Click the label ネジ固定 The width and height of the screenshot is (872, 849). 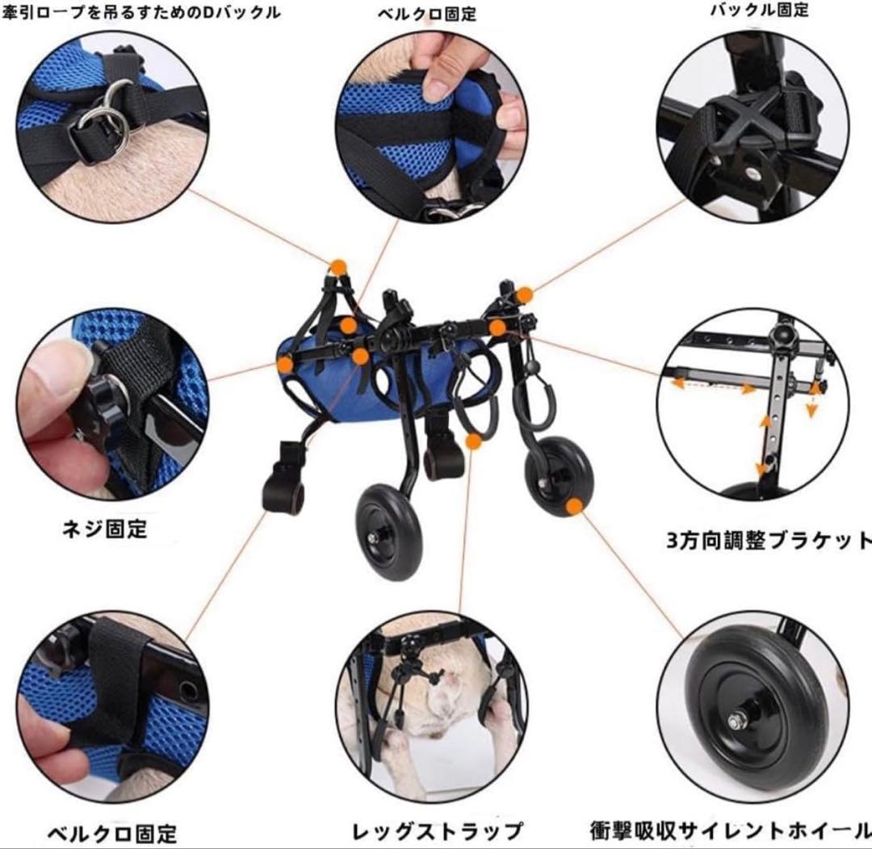(105, 529)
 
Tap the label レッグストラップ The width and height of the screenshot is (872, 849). (437, 830)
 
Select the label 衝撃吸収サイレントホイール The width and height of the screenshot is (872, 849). (730, 830)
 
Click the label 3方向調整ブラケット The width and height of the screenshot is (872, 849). (769, 540)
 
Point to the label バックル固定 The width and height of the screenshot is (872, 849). (759, 10)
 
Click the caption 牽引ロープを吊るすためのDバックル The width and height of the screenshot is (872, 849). (141, 11)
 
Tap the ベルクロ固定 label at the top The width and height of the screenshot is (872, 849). (427, 14)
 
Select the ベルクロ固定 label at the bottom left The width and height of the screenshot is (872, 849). (111, 832)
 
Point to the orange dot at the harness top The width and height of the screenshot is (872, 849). (338, 266)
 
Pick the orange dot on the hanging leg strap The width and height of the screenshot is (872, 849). (474, 441)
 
